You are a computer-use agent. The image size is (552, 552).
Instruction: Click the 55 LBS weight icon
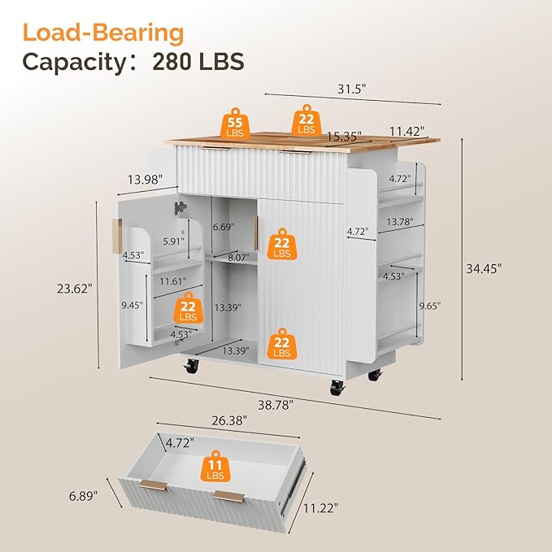click(235, 124)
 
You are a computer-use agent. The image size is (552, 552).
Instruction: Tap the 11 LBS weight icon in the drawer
click(215, 466)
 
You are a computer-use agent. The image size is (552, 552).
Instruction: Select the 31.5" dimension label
click(352, 89)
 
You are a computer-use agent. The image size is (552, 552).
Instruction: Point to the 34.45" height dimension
click(484, 268)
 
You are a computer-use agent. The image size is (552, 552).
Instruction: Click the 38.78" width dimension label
click(276, 405)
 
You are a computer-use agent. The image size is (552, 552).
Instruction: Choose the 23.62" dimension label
click(75, 289)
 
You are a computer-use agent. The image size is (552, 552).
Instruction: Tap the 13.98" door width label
click(145, 180)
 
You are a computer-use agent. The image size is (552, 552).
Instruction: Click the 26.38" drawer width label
click(229, 420)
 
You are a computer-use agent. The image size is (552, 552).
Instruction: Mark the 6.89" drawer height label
click(83, 496)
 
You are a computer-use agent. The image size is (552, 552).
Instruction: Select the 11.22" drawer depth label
click(320, 508)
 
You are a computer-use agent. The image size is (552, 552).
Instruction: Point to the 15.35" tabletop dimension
click(344, 136)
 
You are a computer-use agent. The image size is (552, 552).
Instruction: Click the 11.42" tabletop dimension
click(406, 132)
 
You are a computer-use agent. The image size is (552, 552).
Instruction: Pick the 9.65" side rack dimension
click(429, 306)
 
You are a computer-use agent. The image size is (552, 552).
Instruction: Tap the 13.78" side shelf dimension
click(399, 222)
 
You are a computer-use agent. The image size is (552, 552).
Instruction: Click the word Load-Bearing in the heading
click(103, 33)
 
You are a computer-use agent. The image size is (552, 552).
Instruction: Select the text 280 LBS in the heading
click(198, 62)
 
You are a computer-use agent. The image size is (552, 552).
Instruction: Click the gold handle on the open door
click(117, 236)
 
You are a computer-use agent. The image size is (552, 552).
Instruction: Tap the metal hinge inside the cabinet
click(180, 207)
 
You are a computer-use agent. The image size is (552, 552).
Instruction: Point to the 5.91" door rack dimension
click(173, 241)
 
